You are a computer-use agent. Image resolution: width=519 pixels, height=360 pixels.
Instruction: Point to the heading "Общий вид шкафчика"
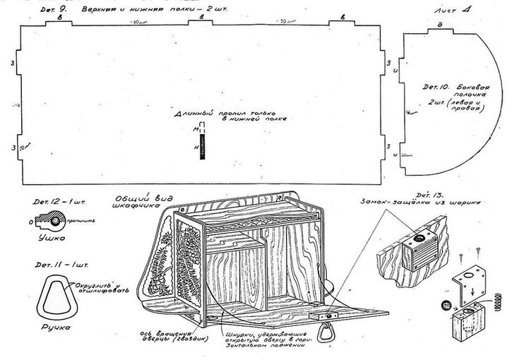point(136,201)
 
